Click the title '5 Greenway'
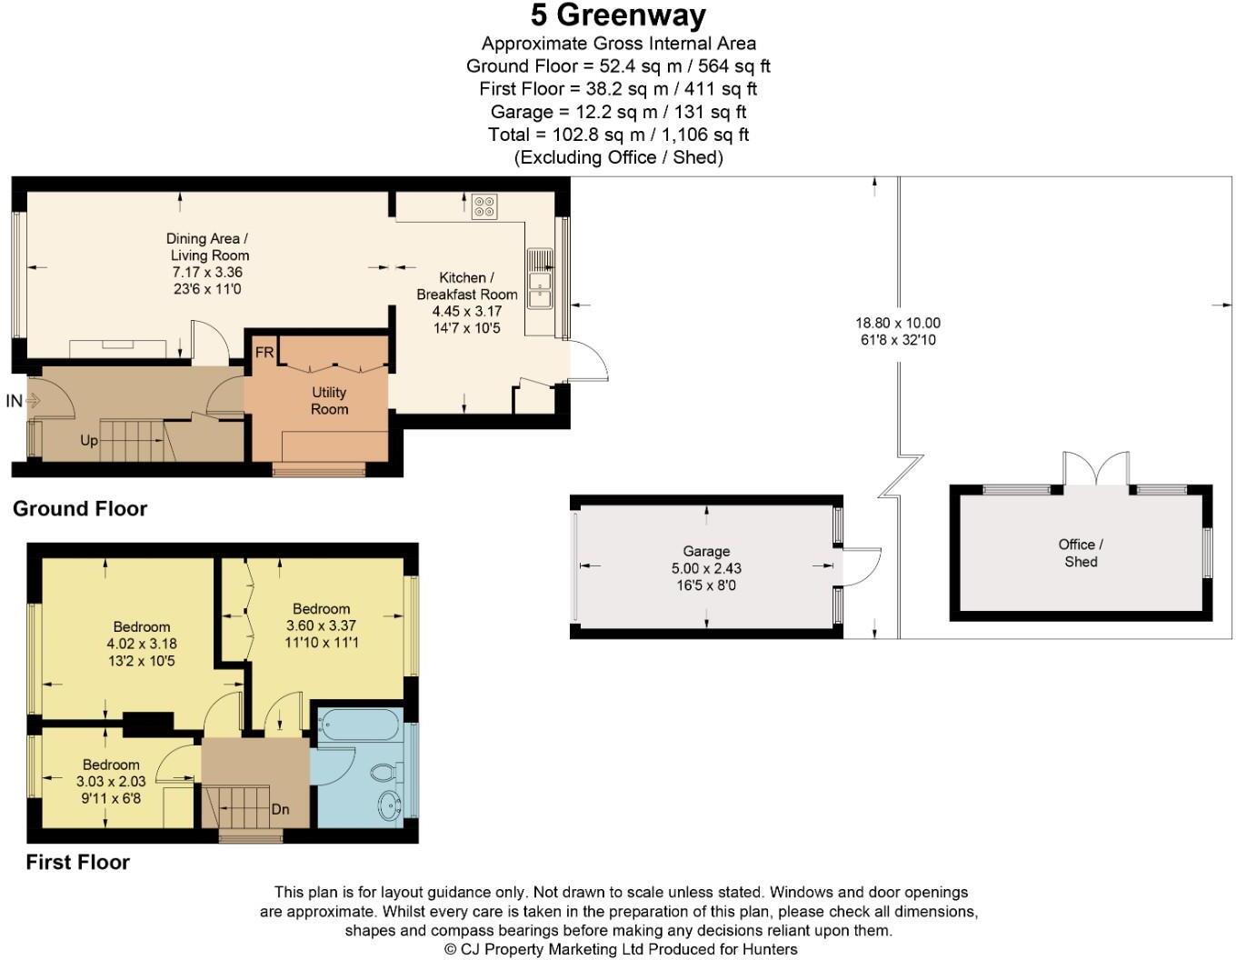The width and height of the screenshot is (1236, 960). point(618,15)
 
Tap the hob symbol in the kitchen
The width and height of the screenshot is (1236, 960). point(483,207)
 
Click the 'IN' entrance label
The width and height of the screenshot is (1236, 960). point(15,401)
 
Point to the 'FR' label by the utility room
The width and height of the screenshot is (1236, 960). point(264,353)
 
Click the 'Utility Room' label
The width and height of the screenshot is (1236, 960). point(329,401)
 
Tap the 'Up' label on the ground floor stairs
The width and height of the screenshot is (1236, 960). point(89,441)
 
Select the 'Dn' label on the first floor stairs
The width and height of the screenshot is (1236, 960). point(281,809)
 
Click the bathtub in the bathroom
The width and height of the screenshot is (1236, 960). point(359,726)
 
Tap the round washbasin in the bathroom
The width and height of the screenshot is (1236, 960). point(390,805)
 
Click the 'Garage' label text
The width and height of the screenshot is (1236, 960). point(706,551)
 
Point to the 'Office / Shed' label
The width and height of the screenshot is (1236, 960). point(1081,553)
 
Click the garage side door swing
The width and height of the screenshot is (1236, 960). point(862,565)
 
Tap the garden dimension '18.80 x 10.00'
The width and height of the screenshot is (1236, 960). point(897,323)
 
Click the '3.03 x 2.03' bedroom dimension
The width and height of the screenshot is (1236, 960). point(111,782)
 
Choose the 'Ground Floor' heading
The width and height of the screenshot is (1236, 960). point(80,509)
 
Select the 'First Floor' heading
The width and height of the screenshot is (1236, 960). point(77,862)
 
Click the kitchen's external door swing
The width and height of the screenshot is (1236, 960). point(589,361)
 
